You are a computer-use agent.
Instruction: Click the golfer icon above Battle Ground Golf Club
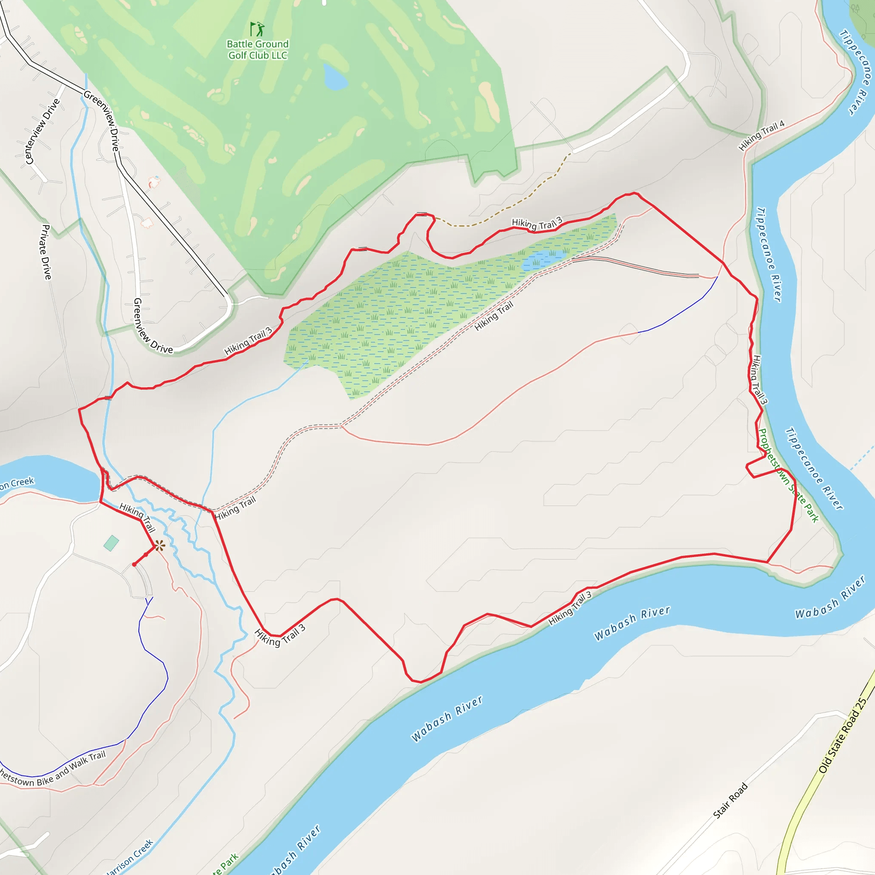click(257, 29)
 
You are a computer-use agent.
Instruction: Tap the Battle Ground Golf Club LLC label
click(257, 50)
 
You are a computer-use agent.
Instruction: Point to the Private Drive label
click(46, 252)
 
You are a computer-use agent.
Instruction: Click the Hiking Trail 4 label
click(761, 135)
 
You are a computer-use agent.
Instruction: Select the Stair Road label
click(730, 800)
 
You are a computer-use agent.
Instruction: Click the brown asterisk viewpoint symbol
click(159, 546)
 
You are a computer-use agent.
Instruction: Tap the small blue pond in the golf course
click(335, 77)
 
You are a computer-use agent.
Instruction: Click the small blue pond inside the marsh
click(543, 259)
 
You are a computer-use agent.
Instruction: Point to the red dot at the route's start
click(135, 564)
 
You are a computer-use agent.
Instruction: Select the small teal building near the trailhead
click(111, 543)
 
